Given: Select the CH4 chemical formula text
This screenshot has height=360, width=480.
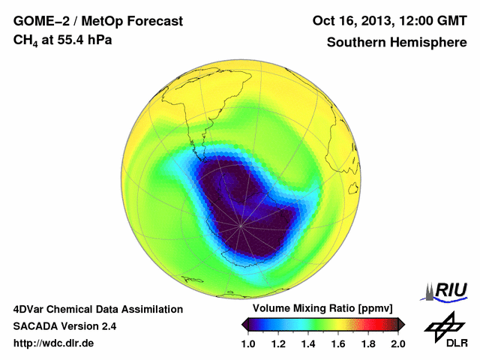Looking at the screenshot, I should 25,40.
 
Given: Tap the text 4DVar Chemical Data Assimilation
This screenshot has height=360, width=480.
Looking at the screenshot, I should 97,309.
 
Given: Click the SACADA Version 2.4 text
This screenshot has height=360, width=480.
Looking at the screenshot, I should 64,326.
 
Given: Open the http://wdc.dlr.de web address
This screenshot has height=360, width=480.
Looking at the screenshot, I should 54,343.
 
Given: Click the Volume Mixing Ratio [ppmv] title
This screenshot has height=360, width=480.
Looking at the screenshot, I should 324,309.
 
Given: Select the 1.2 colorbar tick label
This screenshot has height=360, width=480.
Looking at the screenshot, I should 278,343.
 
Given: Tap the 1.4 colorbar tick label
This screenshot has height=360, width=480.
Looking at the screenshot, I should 308,343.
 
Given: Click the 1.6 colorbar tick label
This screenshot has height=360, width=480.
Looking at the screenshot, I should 338,343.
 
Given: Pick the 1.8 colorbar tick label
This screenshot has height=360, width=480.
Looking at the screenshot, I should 367,343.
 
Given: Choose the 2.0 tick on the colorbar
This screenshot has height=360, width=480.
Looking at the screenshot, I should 397,343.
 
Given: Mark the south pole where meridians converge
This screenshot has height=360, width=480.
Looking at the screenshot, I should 241,223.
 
